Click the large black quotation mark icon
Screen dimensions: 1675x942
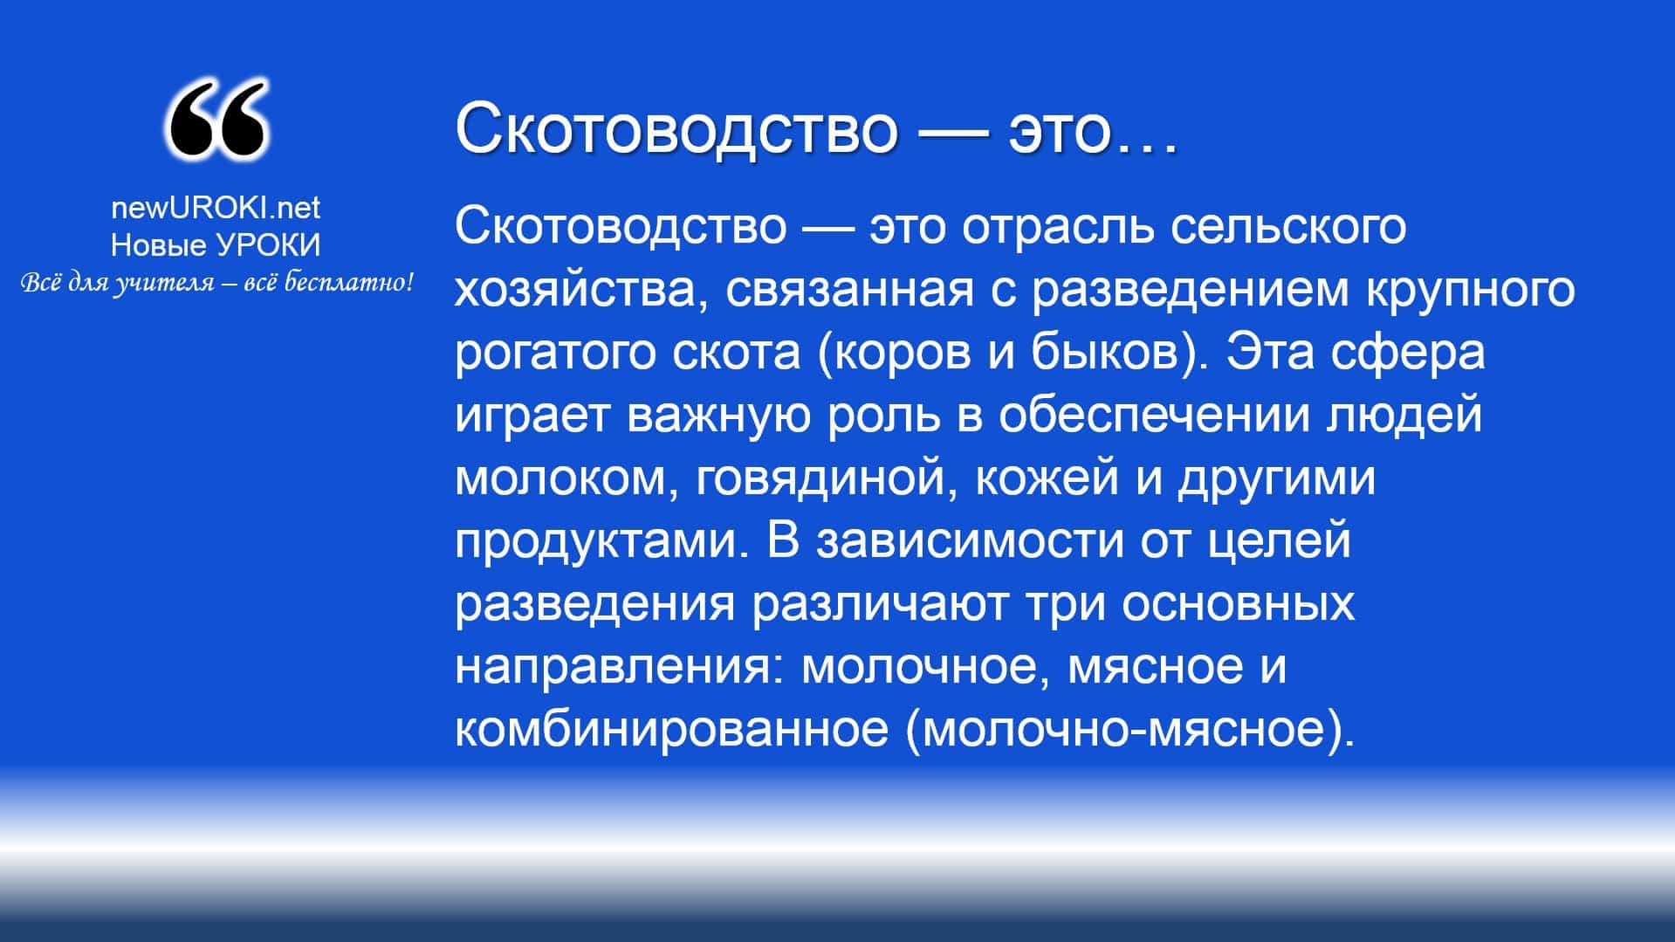(216, 119)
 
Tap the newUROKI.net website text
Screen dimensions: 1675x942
(216, 208)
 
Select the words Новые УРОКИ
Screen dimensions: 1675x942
(216, 245)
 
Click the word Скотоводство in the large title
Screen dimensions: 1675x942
(676, 129)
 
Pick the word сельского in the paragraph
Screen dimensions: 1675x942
(1288, 227)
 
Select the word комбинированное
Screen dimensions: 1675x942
(671, 730)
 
